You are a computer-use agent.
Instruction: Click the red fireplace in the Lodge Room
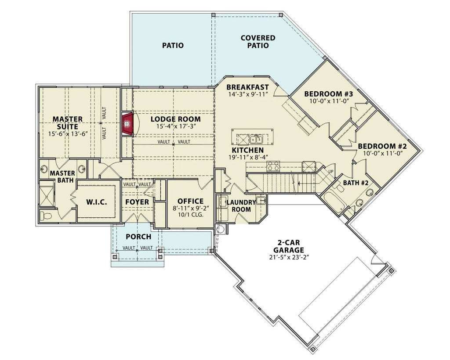[128, 123]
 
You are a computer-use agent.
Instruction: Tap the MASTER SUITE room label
[68, 123]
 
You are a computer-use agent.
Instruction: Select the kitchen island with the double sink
[253, 138]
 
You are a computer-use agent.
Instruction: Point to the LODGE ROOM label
[175, 119]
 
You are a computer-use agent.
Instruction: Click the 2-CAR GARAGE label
[290, 246]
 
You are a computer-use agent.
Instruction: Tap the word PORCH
[138, 237]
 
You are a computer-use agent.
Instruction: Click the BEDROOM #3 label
[329, 94]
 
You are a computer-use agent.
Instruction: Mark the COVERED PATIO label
[258, 42]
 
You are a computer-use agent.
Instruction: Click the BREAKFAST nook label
[247, 87]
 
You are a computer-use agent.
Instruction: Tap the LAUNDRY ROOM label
[241, 205]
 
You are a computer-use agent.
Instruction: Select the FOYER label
[137, 202]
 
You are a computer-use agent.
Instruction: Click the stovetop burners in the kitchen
[273, 166]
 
